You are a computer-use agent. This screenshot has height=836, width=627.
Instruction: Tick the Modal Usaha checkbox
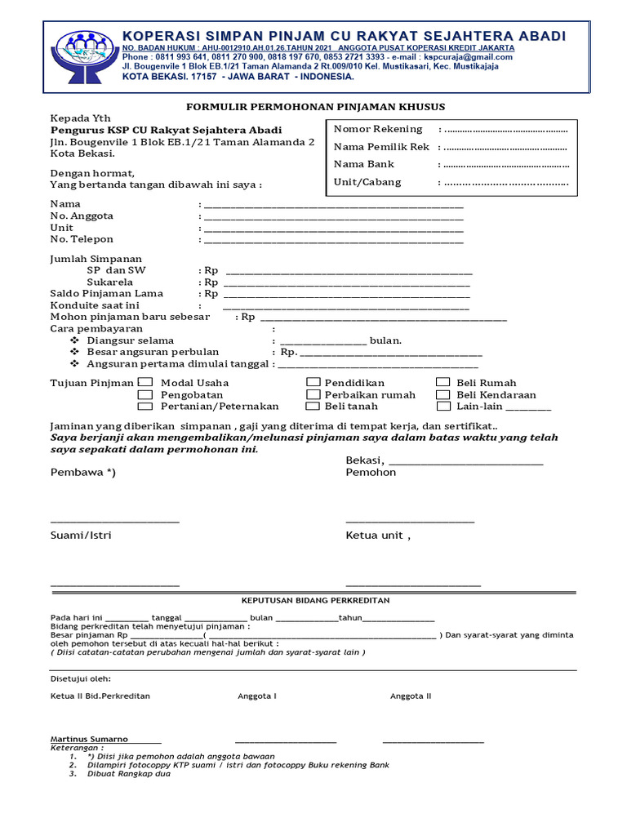click(x=145, y=382)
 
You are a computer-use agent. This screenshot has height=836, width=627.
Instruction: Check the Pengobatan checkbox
click(x=145, y=394)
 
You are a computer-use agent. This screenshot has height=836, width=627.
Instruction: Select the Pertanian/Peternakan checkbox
click(x=145, y=406)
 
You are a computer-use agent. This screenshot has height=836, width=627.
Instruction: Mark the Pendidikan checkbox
click(x=313, y=382)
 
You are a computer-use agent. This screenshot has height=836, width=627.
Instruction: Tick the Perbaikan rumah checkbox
click(x=313, y=394)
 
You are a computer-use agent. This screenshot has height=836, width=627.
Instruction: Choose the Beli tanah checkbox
click(x=313, y=406)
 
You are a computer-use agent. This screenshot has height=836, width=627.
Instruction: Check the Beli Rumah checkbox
click(x=442, y=382)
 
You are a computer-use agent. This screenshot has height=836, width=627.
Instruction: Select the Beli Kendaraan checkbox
click(x=442, y=394)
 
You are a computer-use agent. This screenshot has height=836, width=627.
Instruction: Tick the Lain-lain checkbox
click(x=442, y=406)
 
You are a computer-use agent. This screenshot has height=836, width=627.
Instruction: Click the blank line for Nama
click(x=333, y=206)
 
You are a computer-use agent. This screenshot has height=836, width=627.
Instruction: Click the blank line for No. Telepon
click(x=333, y=242)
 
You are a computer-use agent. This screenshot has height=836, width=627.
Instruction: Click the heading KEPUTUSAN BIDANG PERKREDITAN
click(x=309, y=600)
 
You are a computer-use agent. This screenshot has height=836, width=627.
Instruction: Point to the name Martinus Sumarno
click(x=89, y=739)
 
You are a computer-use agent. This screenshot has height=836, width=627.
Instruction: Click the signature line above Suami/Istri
click(x=115, y=521)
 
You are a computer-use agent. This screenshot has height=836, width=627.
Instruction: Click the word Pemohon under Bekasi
click(x=371, y=472)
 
